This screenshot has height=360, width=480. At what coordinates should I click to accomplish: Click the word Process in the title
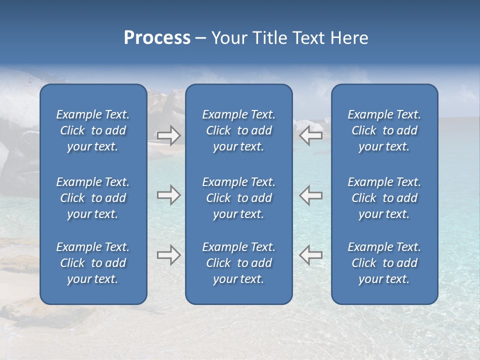[157, 38]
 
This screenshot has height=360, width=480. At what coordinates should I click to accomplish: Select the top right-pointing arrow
[169, 135]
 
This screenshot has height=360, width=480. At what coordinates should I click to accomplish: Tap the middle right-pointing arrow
[169, 195]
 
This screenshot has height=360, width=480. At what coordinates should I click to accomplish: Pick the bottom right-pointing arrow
[169, 255]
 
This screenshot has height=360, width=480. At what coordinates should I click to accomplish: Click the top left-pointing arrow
[310, 135]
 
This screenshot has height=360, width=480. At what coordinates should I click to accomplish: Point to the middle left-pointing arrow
[310, 195]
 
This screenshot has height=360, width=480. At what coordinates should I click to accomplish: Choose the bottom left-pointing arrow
[310, 255]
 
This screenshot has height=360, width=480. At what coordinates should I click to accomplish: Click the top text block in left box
[93, 130]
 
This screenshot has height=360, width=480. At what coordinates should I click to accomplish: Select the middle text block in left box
[93, 198]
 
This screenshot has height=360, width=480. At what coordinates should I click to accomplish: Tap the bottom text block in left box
[93, 263]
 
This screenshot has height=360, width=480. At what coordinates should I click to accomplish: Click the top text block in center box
[238, 130]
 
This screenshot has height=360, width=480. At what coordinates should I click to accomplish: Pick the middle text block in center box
[238, 198]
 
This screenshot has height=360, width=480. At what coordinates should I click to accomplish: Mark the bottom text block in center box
[238, 263]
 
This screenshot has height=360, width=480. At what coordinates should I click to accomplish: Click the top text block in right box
[384, 130]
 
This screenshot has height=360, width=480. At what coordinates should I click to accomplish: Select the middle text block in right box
[384, 198]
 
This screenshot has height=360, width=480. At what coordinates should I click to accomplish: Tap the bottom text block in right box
[384, 263]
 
